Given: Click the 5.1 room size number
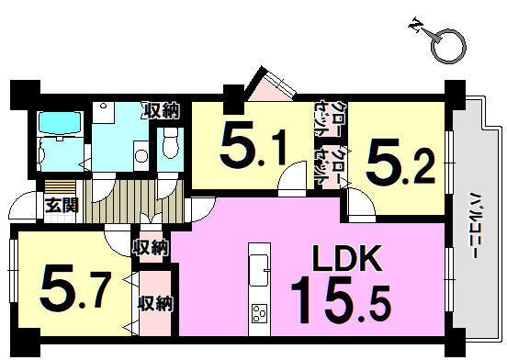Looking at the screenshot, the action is (x=253, y=144).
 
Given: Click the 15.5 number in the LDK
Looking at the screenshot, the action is (x=342, y=300).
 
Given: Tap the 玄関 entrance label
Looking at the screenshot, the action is (x=62, y=205).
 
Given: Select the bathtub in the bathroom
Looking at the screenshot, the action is (x=59, y=123).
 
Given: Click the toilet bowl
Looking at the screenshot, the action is (x=171, y=143).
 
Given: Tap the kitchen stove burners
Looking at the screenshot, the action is (x=259, y=313).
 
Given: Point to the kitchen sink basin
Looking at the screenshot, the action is (x=259, y=271).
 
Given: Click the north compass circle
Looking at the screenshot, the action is (x=448, y=46).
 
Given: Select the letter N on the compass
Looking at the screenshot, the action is (x=415, y=26).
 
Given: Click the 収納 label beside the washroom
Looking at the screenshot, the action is (x=162, y=111).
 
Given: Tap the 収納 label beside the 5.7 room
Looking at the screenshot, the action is (x=155, y=303).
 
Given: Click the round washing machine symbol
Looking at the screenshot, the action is (x=141, y=157).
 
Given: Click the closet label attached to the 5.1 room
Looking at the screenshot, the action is (x=326, y=118).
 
